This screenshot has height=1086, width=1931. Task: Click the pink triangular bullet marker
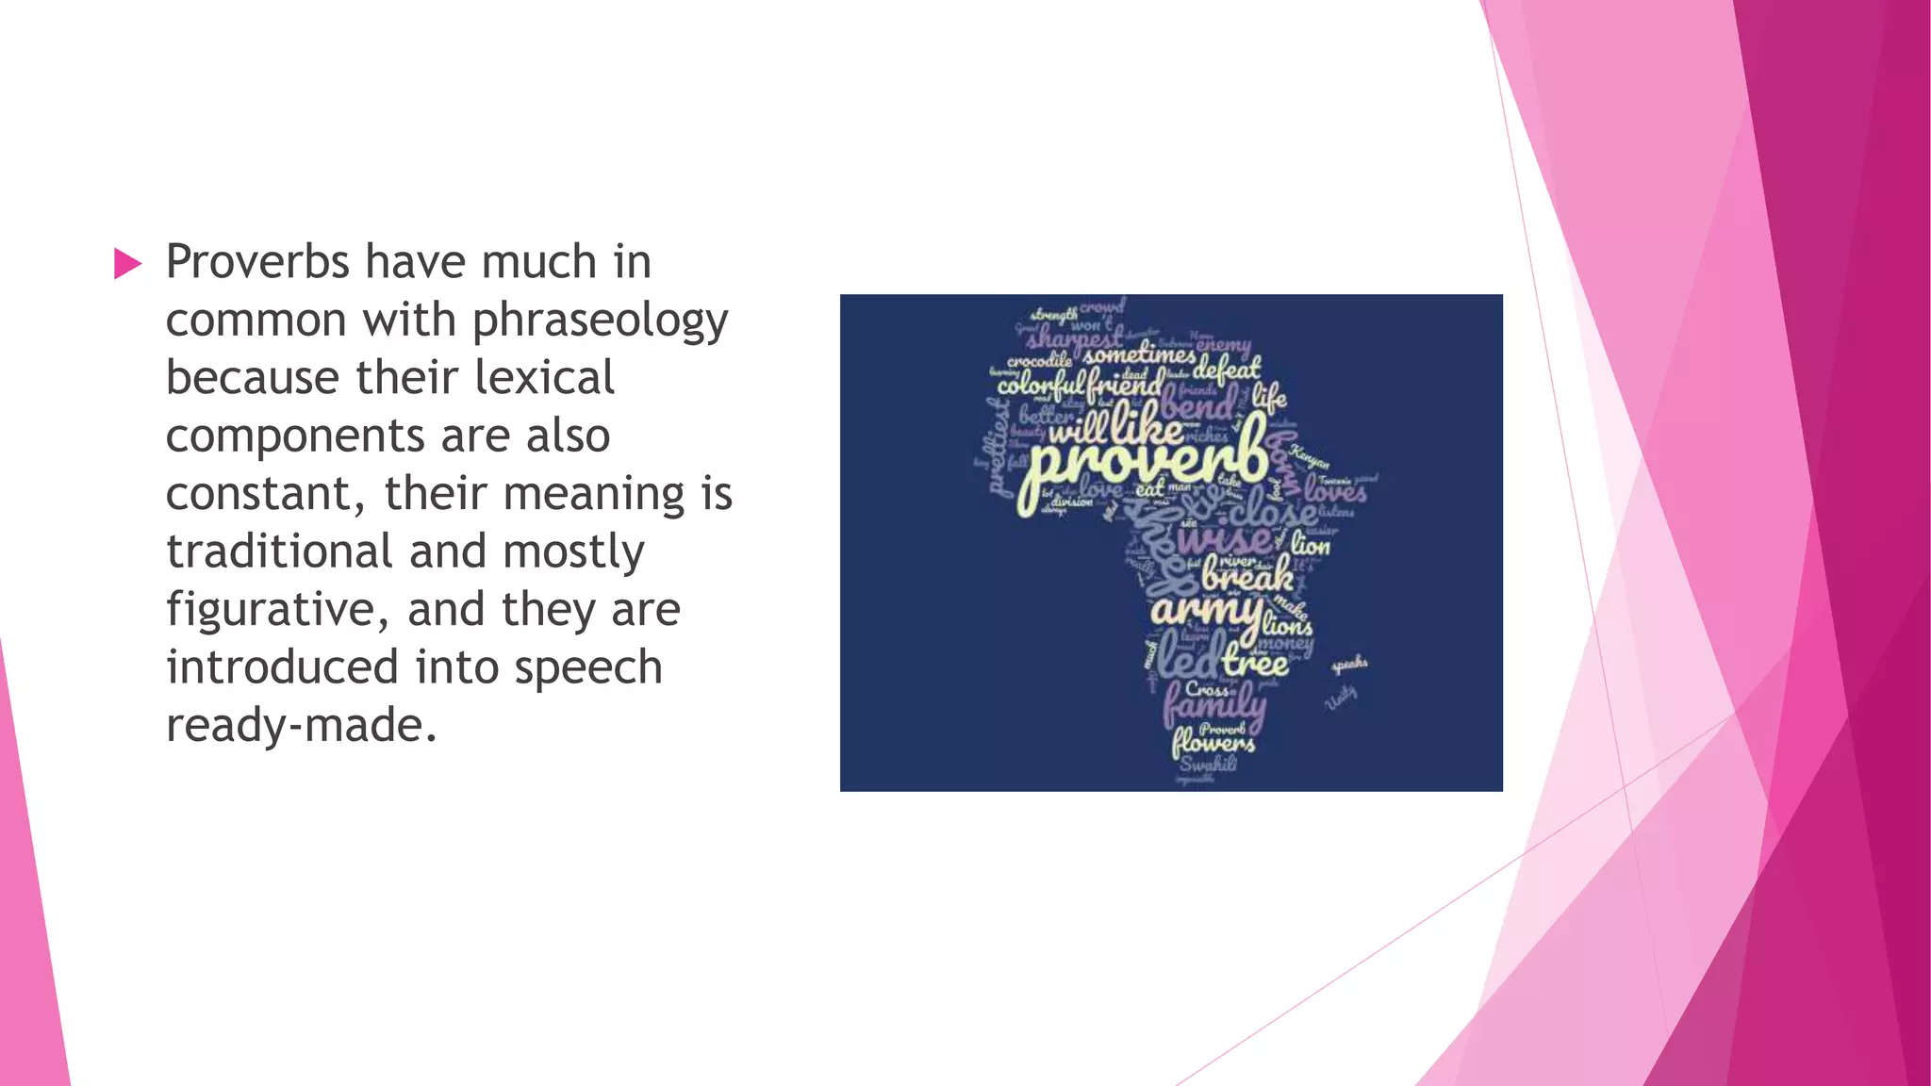[127, 264]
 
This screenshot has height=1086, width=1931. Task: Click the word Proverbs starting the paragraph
[256, 262]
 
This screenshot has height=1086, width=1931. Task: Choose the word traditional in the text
[279, 551]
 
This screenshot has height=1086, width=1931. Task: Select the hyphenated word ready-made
[302, 726]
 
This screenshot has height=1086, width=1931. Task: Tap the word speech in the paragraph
[588, 667]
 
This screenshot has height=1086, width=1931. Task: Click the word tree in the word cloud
[1255, 663]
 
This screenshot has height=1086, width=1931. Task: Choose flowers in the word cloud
[1213, 745]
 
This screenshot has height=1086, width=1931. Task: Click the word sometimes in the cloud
[1139, 356]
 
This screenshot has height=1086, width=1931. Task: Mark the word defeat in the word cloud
[1227, 369]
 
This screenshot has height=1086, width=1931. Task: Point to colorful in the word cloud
[1041, 385]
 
